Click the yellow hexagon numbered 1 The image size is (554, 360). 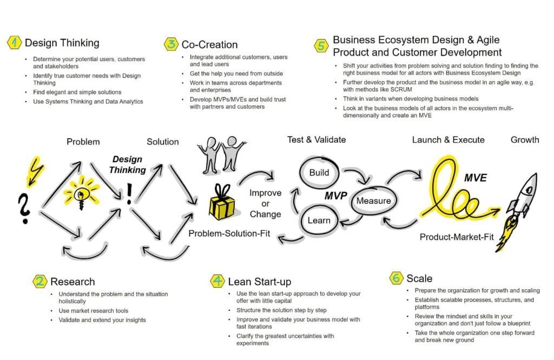pos(15,43)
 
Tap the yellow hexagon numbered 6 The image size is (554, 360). pos(397,278)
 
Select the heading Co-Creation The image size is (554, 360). pos(209,44)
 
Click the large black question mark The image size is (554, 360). pos(23,209)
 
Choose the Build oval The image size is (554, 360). pos(319,172)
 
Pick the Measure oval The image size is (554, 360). pos(373,201)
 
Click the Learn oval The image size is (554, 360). pos(319,220)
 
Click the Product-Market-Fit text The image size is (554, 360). pos(457,237)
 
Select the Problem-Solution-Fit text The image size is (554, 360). pos(229,234)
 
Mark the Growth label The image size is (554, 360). pos(524,139)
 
